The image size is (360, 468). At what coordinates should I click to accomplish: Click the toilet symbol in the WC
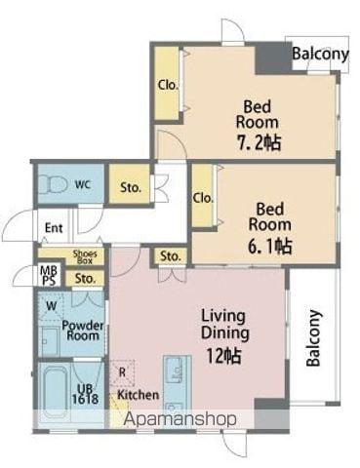click(x=54, y=185)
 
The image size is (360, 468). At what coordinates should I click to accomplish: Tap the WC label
click(x=83, y=185)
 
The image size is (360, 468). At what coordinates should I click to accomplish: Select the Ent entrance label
click(x=54, y=228)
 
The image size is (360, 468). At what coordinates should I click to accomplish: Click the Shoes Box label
click(x=85, y=257)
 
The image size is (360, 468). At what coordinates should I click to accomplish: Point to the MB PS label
click(x=49, y=275)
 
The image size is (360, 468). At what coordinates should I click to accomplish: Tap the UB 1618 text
click(x=85, y=394)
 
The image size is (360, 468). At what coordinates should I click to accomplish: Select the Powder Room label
click(x=83, y=331)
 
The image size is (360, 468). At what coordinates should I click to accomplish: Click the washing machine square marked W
click(x=51, y=306)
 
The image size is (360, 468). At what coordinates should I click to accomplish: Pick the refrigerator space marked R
click(x=122, y=372)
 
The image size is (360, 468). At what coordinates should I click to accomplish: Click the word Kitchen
click(x=139, y=395)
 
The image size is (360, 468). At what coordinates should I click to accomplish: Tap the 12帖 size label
click(x=223, y=356)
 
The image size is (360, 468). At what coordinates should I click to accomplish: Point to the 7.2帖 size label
click(x=259, y=142)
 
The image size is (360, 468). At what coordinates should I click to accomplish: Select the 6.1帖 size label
click(x=270, y=246)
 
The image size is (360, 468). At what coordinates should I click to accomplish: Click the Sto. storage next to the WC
click(x=130, y=184)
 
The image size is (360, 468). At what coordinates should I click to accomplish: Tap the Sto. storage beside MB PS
click(x=85, y=279)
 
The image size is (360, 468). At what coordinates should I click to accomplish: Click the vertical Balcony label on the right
click(x=314, y=338)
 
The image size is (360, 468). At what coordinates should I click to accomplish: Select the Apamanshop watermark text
click(x=180, y=419)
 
